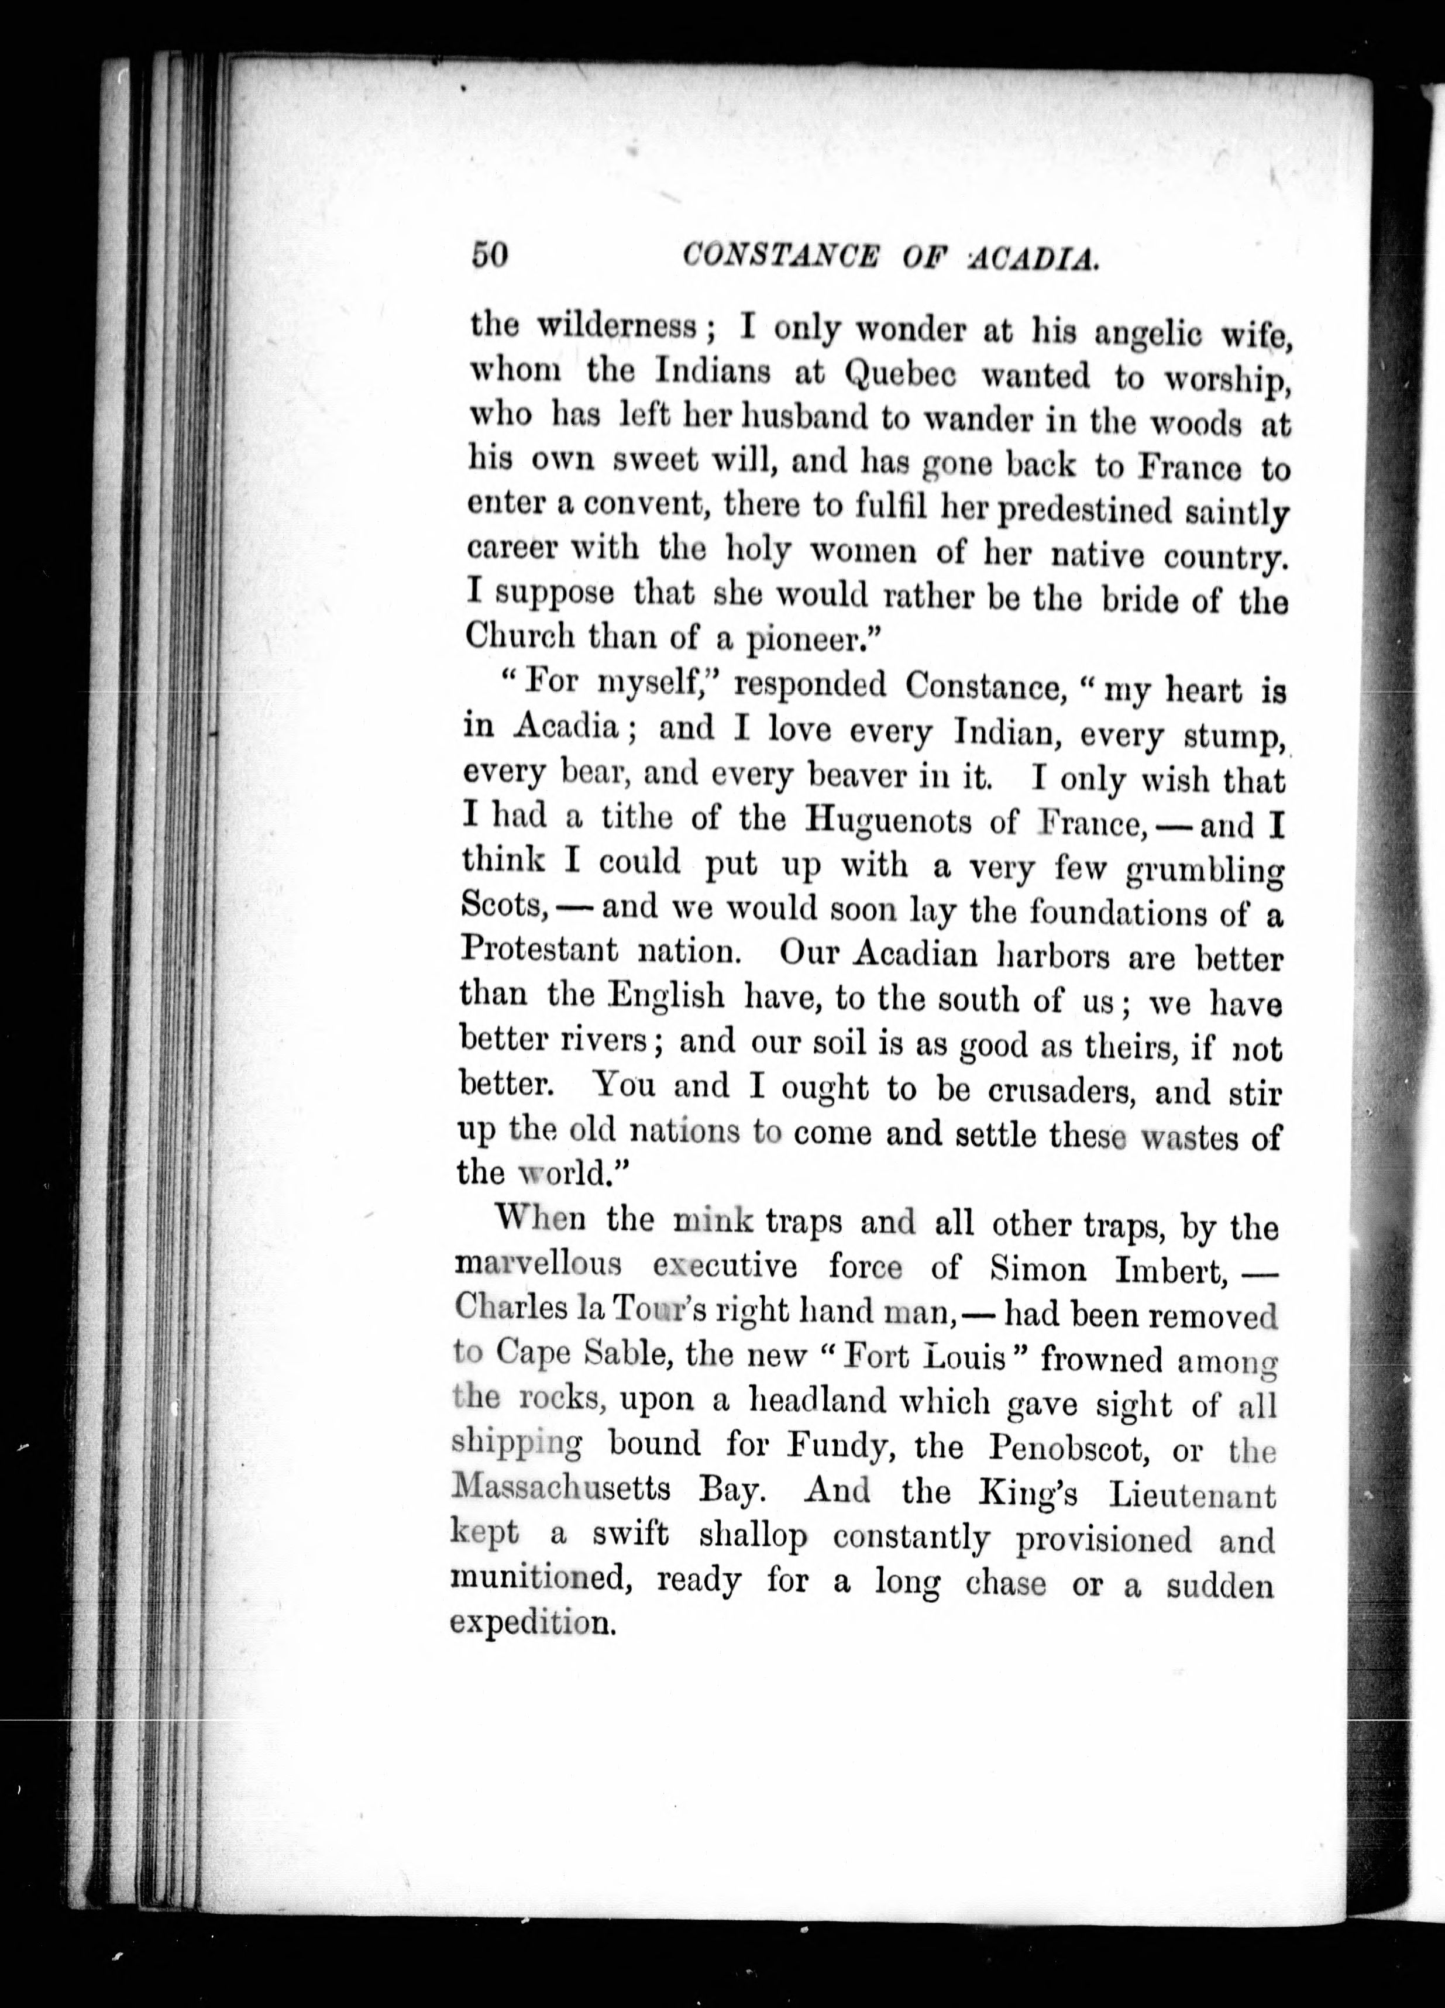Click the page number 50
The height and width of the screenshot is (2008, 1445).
[x=488, y=255]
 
